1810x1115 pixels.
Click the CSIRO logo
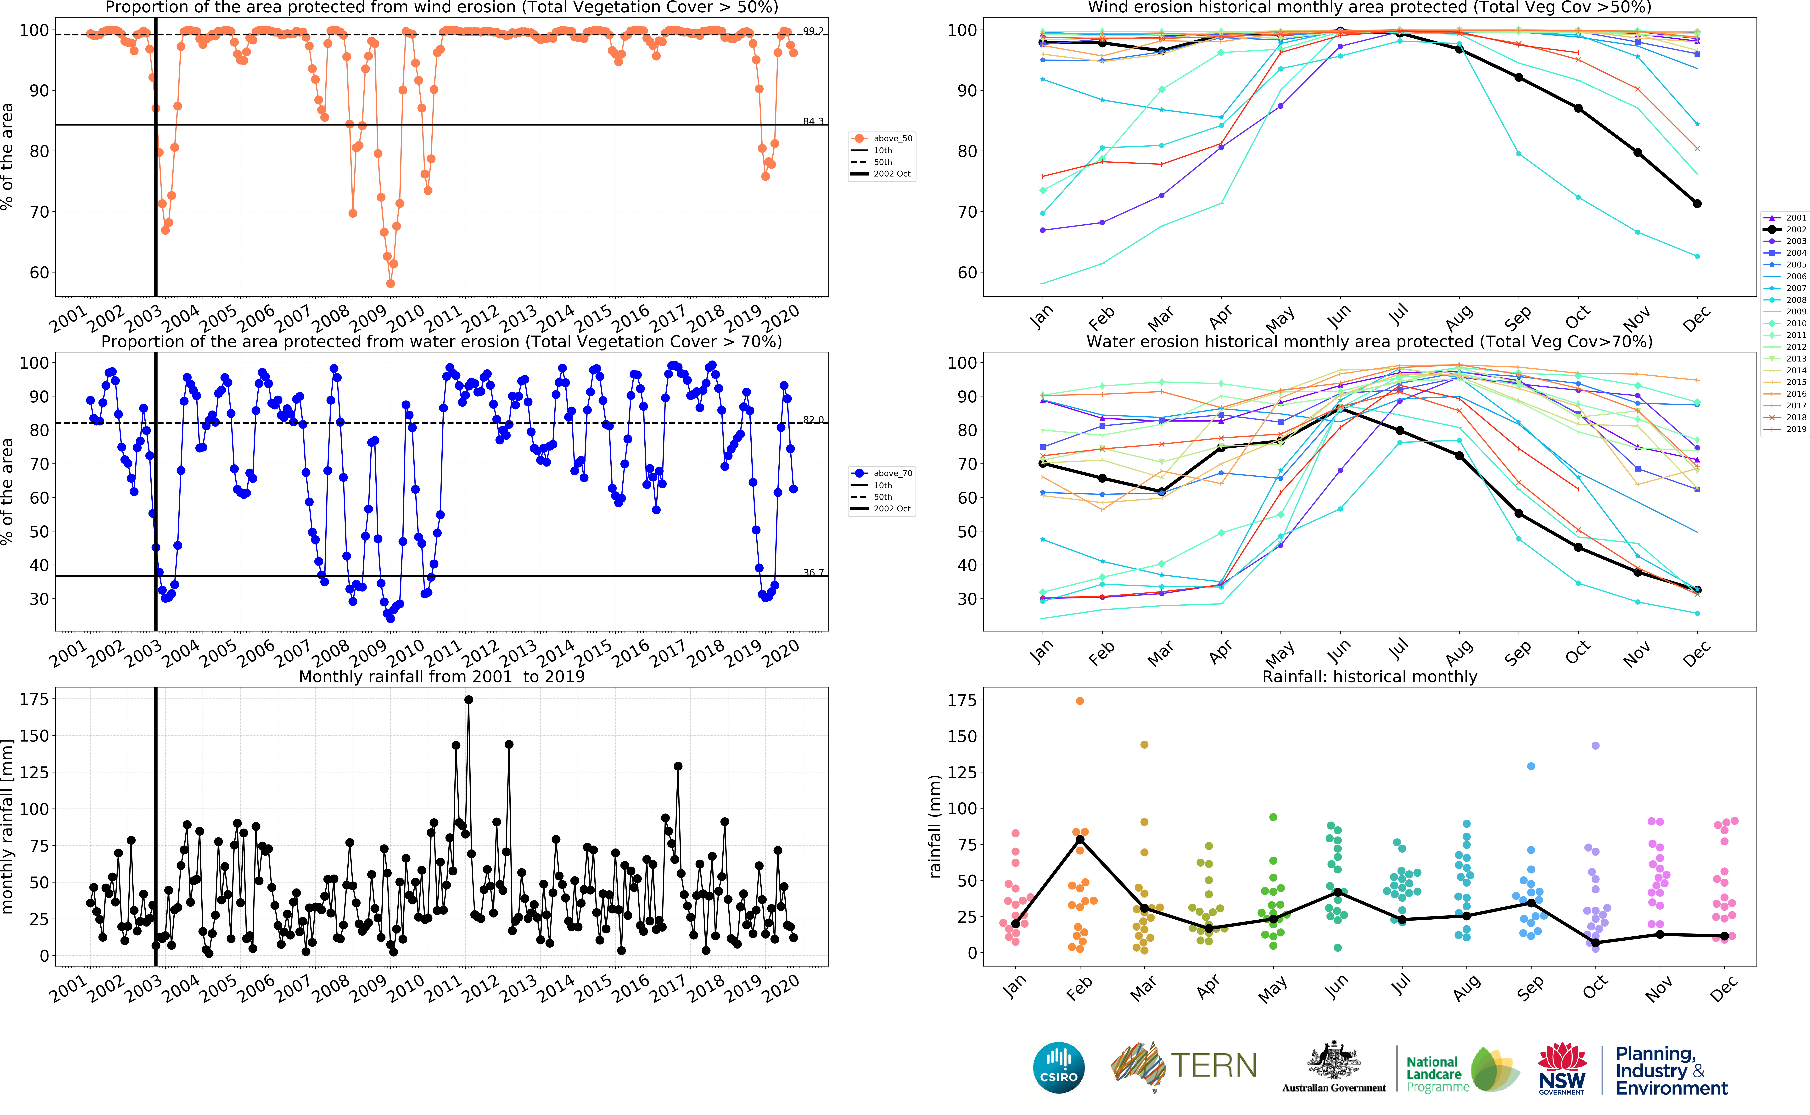pyautogui.click(x=1059, y=1067)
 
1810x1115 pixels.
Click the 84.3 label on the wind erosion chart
pyautogui.click(x=813, y=121)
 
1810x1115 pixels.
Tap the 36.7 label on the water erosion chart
pyautogui.click(x=813, y=572)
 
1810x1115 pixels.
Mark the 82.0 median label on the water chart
pyautogui.click(x=813, y=420)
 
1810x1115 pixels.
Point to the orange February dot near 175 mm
pyautogui.click(x=1079, y=701)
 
